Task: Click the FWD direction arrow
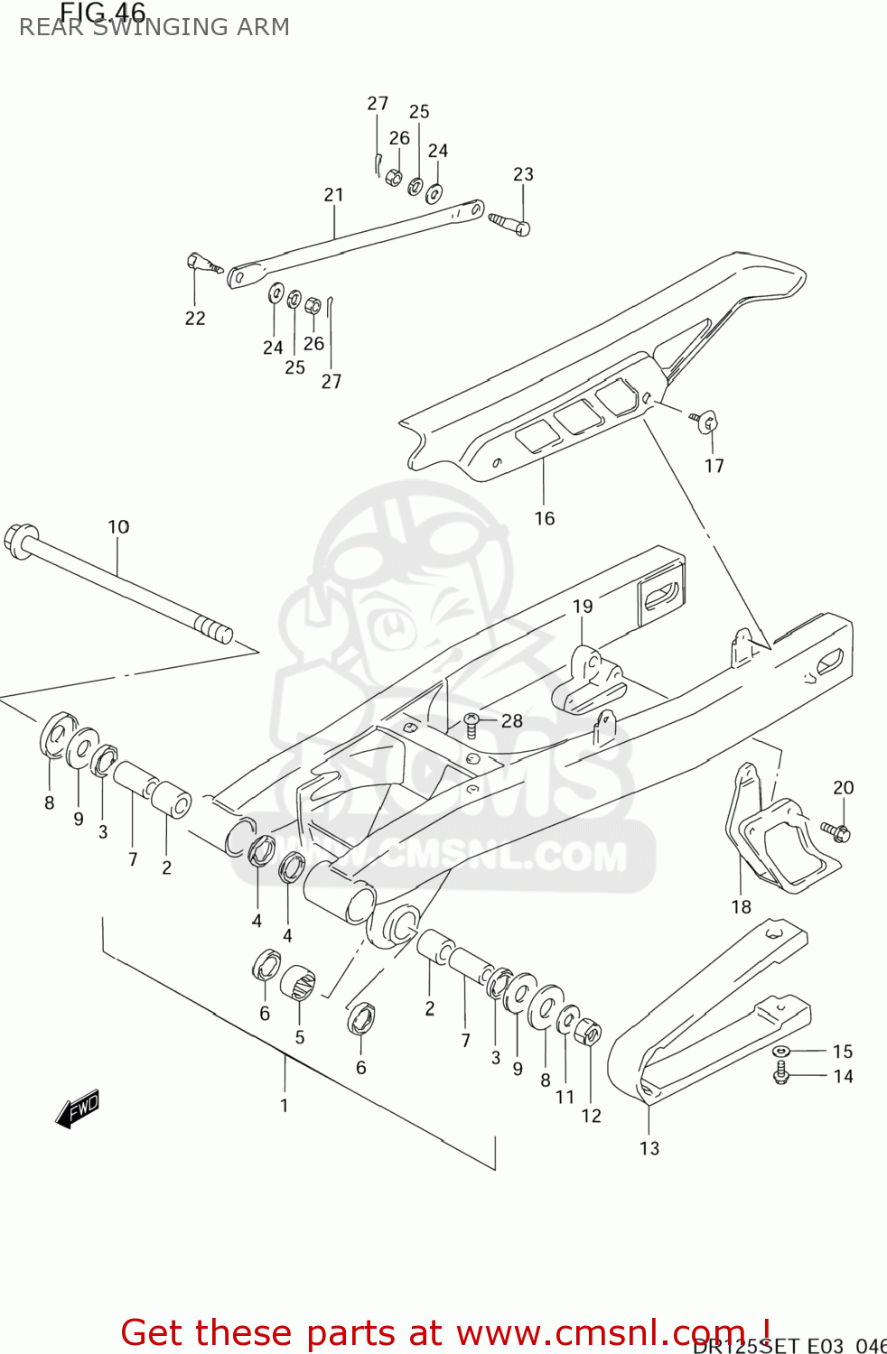78,1108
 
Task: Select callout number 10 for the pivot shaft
118,526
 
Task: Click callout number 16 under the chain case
544,518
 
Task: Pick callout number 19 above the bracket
583,607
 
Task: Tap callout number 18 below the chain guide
741,906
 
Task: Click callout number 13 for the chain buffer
649,1148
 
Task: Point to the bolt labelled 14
782,1073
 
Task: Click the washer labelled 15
781,1051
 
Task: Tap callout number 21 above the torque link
334,194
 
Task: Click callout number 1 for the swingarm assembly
284,1105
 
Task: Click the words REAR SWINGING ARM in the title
154,27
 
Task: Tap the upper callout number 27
378,103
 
